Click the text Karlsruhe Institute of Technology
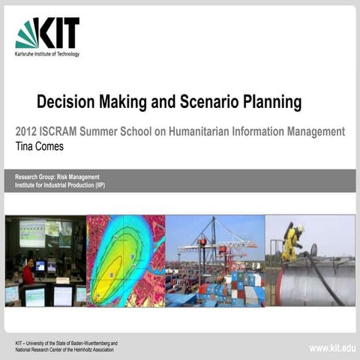click(x=46, y=54)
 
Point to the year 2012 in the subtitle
click(x=27, y=132)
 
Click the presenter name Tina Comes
click(x=39, y=146)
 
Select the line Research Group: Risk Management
click(x=57, y=176)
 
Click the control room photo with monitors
click(x=44, y=260)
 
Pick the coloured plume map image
click(x=125, y=260)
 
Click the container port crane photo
click(x=214, y=260)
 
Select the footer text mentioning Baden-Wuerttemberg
click(x=66, y=343)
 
